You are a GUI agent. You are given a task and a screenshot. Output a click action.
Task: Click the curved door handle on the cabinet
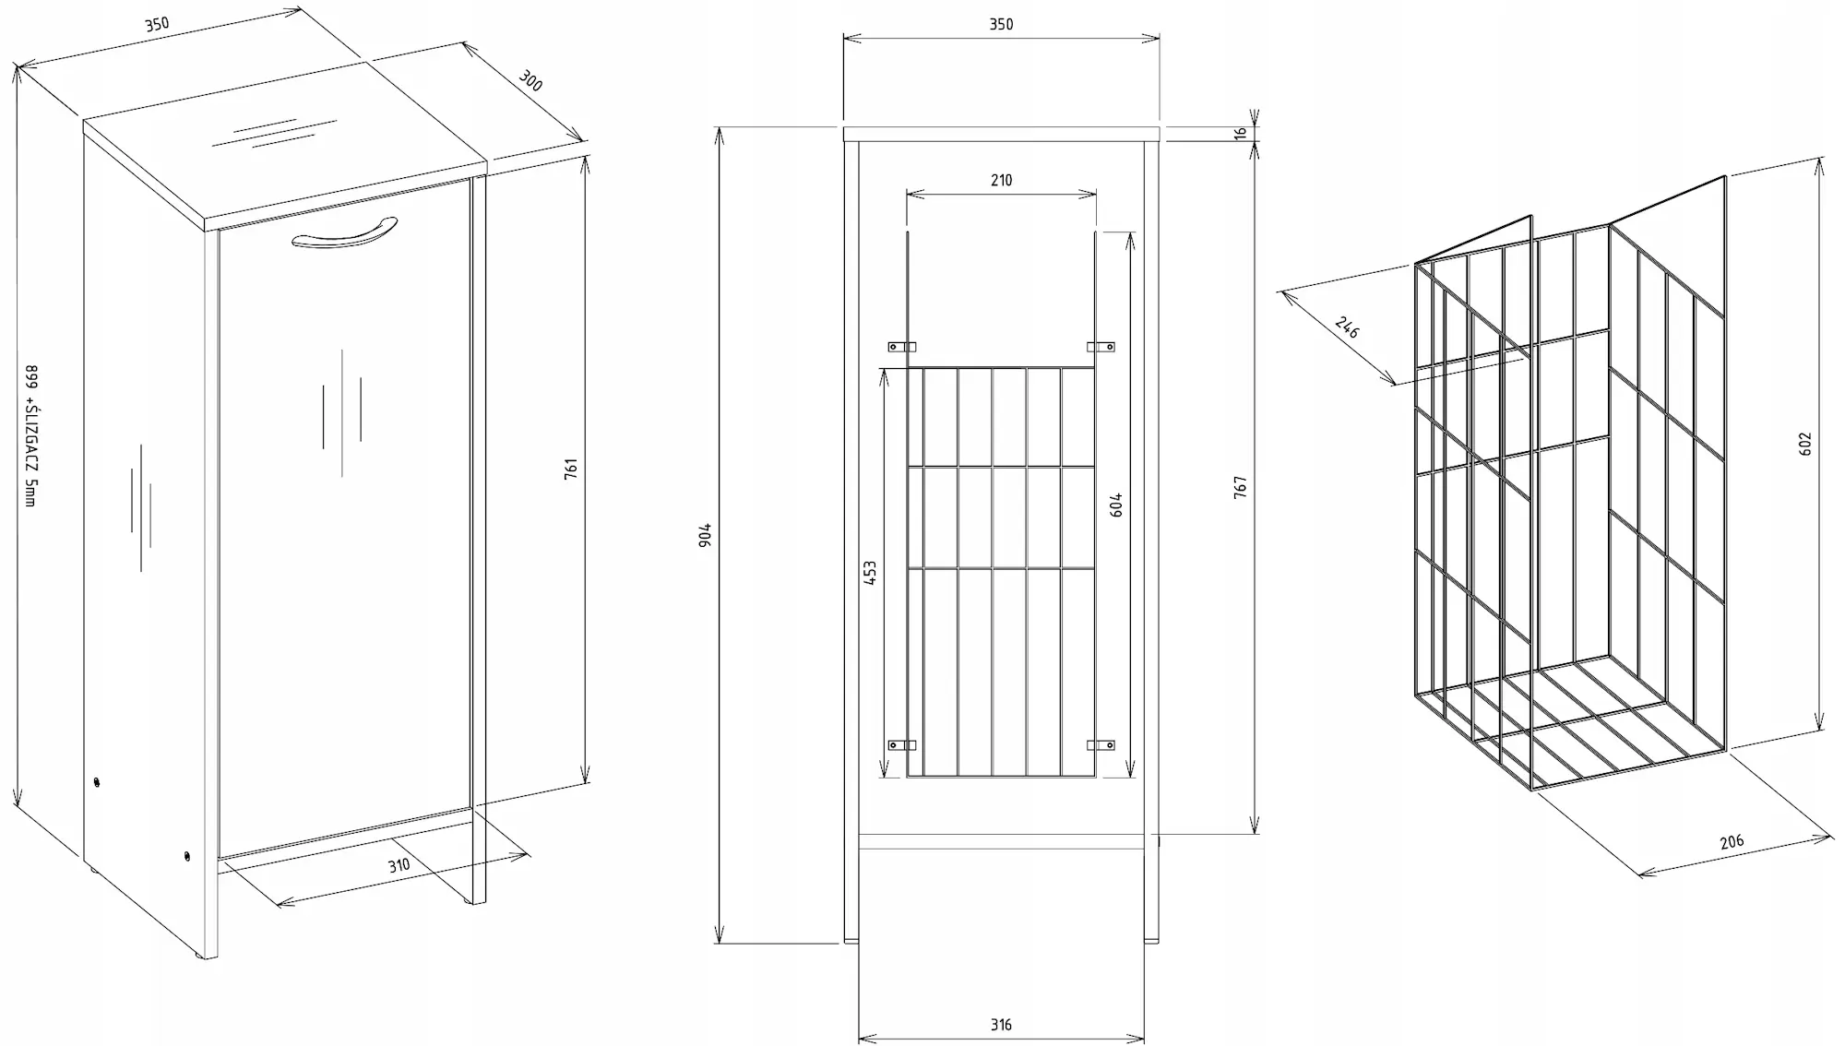(x=344, y=237)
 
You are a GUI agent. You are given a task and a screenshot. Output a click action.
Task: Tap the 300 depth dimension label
(x=530, y=81)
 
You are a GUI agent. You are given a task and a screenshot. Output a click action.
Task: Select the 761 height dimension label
(x=571, y=468)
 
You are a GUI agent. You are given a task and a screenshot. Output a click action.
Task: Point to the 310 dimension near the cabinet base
(x=399, y=866)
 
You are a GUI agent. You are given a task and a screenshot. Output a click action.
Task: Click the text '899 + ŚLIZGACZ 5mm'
(x=31, y=435)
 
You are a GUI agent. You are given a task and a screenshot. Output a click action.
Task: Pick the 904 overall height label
(x=706, y=535)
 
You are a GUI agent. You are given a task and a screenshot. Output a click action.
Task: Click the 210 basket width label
(x=1001, y=181)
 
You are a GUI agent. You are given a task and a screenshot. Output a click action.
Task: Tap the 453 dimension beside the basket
(x=869, y=573)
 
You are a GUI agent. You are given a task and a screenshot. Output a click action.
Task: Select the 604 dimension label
(x=1116, y=505)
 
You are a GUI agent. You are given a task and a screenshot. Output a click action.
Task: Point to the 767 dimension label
(x=1241, y=488)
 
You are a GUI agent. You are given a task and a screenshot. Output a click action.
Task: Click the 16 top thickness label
(x=1241, y=133)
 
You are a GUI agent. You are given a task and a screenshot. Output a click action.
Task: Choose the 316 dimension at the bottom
(x=1001, y=1025)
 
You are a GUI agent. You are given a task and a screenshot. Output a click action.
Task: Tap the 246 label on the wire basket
(x=1347, y=327)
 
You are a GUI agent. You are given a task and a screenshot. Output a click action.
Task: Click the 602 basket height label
(x=1805, y=444)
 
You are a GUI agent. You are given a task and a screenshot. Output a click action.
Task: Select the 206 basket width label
(x=1732, y=841)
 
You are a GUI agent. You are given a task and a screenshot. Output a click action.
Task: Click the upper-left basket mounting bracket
(x=901, y=347)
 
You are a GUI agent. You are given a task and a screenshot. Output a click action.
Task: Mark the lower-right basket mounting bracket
(x=1101, y=744)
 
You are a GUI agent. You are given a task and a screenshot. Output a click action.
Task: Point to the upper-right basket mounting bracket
(x=1101, y=347)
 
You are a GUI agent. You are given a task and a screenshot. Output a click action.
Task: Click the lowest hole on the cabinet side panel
(x=188, y=857)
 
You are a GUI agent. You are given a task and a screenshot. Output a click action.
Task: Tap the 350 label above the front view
(x=1001, y=25)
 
